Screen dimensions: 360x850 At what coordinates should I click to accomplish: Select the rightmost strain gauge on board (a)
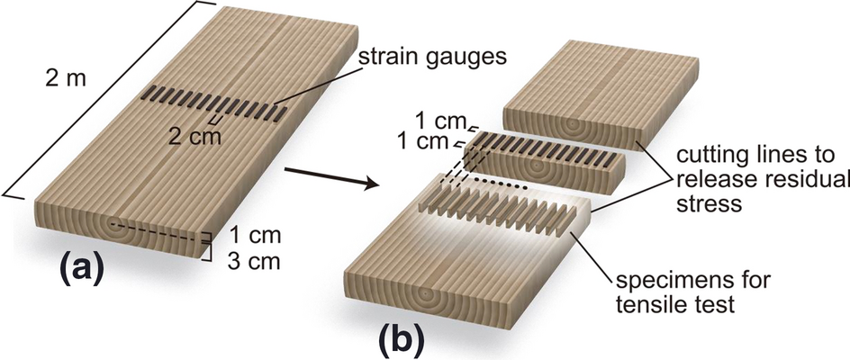(282, 114)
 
